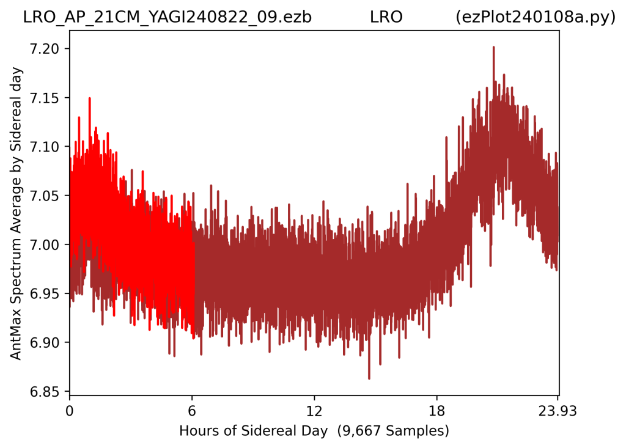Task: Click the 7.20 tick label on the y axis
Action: tap(44, 49)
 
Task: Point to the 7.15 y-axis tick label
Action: tap(44, 98)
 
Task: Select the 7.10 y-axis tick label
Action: tap(44, 147)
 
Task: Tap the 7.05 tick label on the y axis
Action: tap(44, 196)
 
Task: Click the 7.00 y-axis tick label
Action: tap(44, 244)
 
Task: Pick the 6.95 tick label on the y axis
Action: tap(44, 293)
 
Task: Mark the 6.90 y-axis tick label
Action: tap(44, 343)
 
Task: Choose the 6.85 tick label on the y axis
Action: tap(44, 392)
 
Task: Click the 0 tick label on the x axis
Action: tap(70, 411)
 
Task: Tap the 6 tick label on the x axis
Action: tap(192, 411)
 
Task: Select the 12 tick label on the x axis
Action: tap(315, 411)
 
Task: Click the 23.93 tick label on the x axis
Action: tap(558, 411)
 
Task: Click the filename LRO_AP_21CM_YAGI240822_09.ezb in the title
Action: tap(168, 18)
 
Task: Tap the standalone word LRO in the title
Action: tap(386, 18)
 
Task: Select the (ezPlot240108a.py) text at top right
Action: tap(536, 18)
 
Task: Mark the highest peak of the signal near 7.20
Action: tap(494, 47)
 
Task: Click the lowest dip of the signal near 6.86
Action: tap(369, 378)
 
